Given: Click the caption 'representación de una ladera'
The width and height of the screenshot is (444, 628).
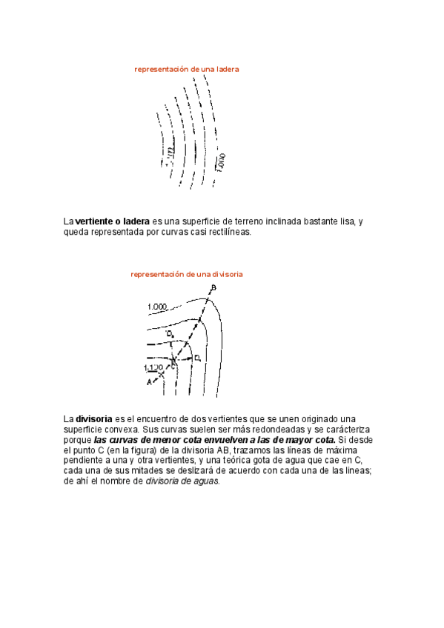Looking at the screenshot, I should pyautogui.click(x=186, y=69).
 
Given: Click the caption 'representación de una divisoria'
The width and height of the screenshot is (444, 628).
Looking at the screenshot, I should pyautogui.click(x=187, y=274).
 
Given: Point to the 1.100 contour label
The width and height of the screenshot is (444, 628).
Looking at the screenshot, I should pyautogui.click(x=152, y=367).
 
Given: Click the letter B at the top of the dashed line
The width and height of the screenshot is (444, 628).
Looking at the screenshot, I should pyautogui.click(x=213, y=287).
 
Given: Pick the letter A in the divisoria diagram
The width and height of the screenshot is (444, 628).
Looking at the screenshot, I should pyautogui.click(x=149, y=382).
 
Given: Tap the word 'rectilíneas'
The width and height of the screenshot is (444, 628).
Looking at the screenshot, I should pyautogui.click(x=228, y=232).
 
